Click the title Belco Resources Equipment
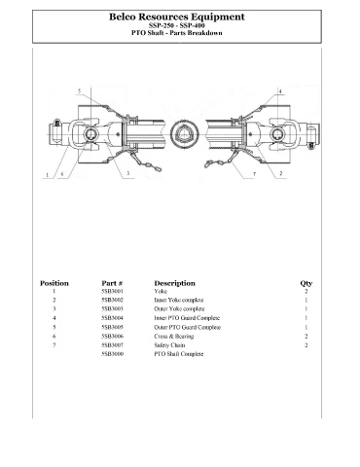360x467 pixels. (177, 17)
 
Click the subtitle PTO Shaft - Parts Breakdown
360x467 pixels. (177, 33)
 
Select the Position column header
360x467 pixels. (54, 283)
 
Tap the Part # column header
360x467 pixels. (112, 283)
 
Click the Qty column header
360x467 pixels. (306, 283)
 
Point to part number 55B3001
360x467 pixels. (112, 291)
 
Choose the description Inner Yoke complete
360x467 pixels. (179, 300)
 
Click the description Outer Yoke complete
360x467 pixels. (179, 308)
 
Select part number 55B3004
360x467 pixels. (112, 318)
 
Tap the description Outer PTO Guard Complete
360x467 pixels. (187, 327)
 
